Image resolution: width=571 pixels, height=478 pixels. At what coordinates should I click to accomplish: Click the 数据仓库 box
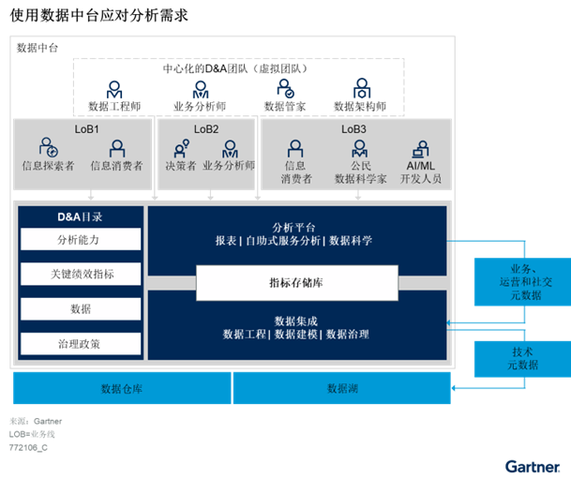(122, 388)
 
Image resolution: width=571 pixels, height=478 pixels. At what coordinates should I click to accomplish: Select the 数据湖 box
(340, 388)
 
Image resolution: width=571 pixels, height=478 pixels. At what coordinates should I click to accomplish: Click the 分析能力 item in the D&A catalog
(81, 240)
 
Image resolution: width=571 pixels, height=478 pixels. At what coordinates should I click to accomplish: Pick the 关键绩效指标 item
(81, 275)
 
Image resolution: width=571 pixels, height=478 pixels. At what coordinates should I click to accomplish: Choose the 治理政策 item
(81, 344)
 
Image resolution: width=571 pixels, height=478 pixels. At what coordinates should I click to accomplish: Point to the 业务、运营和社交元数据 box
(522, 281)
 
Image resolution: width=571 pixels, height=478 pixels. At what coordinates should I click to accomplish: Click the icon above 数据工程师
(114, 90)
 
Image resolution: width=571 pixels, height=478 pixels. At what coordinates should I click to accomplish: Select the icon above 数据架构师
(361, 90)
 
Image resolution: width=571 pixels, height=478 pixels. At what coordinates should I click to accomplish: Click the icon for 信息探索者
(49, 147)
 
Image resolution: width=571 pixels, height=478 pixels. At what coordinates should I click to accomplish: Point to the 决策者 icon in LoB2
(181, 147)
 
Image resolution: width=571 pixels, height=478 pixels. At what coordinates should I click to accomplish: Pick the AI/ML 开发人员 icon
(421, 147)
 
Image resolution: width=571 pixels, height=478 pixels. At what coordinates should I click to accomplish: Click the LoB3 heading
(353, 129)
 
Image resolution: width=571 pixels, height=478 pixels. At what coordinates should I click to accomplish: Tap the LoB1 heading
(86, 129)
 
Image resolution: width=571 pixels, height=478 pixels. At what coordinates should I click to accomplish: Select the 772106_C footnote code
(28, 448)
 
